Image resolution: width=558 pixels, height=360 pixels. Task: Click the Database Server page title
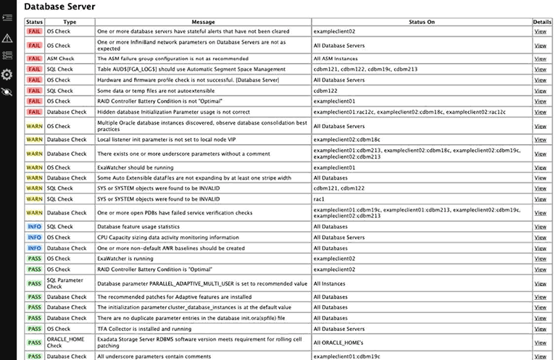pos(60,7)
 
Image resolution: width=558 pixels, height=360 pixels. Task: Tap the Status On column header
pos(422,22)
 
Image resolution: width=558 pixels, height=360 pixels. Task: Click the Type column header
pos(70,22)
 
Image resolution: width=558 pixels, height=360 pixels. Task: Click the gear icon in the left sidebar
pos(7,74)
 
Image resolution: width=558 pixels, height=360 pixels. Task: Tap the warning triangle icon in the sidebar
pos(7,38)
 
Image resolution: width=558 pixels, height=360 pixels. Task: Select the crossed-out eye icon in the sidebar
pos(7,92)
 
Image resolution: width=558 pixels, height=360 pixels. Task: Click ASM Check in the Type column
pos(61,59)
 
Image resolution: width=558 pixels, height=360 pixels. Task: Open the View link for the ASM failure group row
pos(541,59)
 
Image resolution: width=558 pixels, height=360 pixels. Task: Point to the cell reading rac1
pos(319,199)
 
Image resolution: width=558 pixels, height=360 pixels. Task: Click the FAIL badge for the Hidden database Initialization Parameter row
pos(34,112)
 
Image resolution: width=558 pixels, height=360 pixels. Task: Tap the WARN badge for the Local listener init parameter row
pos(34,139)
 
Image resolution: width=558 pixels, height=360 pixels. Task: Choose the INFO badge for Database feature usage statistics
pos(34,227)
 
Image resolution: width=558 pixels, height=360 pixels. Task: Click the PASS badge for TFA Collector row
pos(34,329)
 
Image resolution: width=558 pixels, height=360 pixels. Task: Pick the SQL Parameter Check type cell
pos(65,283)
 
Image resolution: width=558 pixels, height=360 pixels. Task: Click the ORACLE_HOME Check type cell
pos(65,342)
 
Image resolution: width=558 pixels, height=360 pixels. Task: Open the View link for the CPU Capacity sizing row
pos(541,237)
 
